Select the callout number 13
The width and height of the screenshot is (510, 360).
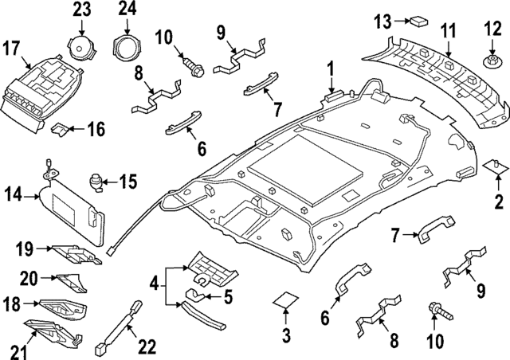click(x=382, y=19)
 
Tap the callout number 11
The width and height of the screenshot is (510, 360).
click(x=448, y=31)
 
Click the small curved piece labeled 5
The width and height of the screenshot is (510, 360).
click(x=192, y=293)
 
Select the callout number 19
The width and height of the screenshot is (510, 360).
click(x=23, y=250)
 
